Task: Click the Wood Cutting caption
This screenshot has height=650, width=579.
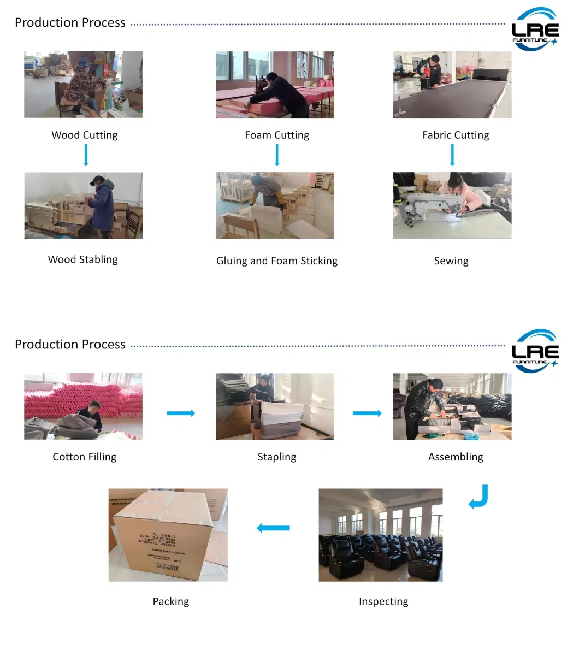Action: point(85,135)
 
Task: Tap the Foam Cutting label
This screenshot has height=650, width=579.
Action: point(277,135)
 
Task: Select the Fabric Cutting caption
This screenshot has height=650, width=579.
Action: point(456,135)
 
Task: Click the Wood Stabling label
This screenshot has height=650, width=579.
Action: point(83,259)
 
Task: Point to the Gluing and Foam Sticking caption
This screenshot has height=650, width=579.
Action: point(277,261)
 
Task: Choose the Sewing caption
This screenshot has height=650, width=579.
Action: point(451,261)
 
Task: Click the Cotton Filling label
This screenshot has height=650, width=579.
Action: point(85,457)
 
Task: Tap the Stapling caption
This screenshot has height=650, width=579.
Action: point(277,457)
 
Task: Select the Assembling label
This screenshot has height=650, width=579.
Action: point(456,457)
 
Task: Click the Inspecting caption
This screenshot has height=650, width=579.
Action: point(383,601)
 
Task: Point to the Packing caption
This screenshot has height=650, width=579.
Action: point(171,601)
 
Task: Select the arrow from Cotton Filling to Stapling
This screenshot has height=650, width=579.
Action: point(181,413)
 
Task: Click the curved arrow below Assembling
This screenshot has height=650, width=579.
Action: point(479,497)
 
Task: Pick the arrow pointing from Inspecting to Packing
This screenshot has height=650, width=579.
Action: point(273,528)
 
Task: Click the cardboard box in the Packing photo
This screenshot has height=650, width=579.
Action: point(164,538)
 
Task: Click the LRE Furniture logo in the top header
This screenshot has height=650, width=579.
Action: point(535,30)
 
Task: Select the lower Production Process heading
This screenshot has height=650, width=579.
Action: point(70,345)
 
